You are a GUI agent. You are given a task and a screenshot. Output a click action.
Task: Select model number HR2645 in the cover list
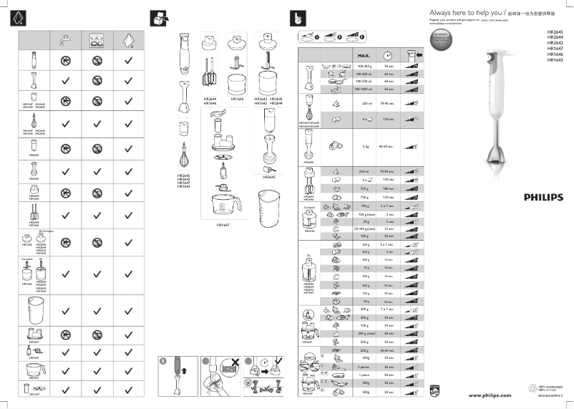tap(555, 32)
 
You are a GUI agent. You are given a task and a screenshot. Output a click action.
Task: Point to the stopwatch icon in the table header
tap(388, 55)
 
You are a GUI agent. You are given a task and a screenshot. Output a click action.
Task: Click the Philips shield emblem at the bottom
tap(433, 391)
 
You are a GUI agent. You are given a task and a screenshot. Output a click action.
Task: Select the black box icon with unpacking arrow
tap(159, 18)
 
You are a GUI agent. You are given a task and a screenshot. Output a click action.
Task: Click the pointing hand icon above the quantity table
tap(293, 18)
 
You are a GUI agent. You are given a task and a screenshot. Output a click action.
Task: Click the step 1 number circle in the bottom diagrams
tap(162, 360)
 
